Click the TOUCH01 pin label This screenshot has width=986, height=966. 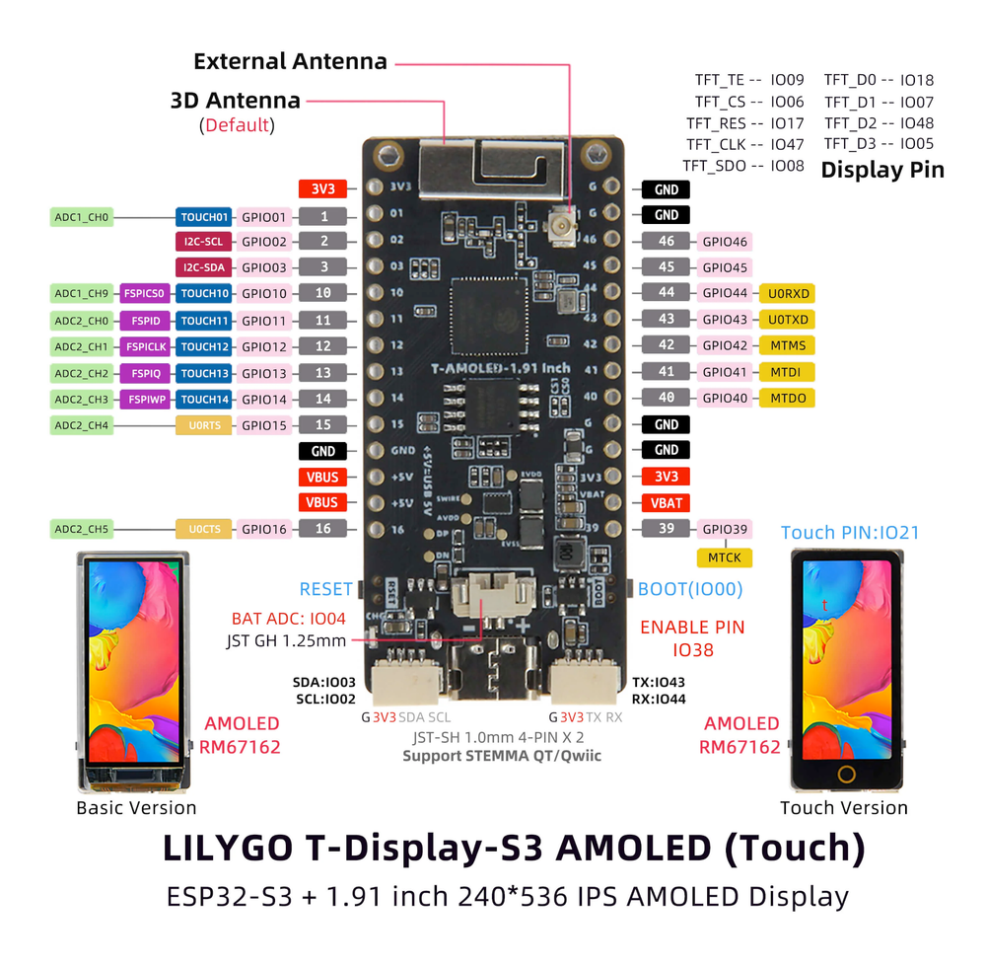pos(204,216)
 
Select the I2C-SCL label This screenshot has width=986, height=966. pos(204,241)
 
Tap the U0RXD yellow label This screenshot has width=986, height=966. pos(787,293)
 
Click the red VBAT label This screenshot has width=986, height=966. pos(667,502)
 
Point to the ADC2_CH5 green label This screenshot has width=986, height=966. pos(83,529)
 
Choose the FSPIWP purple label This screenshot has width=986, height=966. pos(146,400)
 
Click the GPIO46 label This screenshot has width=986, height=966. pos(724,242)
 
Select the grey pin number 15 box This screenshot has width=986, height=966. pos(322,425)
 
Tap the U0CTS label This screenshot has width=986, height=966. pos(204,529)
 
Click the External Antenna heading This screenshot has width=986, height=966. pos(290,61)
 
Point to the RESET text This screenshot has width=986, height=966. pos(326,589)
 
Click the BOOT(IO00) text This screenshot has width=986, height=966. pos(690,589)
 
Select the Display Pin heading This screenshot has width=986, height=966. pos(882,170)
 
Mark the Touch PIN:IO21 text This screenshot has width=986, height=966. pos(850,533)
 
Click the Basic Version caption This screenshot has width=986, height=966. pos(136,808)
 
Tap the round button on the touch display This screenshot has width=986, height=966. pos(846,773)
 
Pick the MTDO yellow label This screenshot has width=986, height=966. pos(787,398)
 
